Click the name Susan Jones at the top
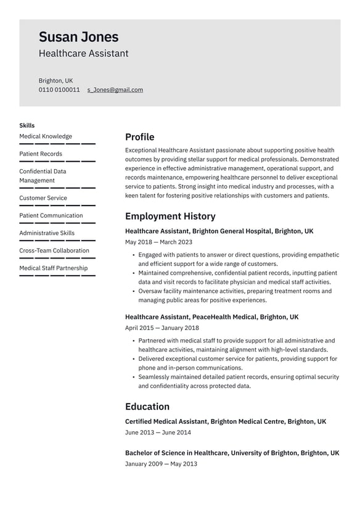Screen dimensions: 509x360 coord(78,37)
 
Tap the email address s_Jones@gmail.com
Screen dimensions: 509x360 coord(115,89)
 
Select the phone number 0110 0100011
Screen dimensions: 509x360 coord(59,89)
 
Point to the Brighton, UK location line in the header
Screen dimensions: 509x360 coord(55,80)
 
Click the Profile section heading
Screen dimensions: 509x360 coord(139,137)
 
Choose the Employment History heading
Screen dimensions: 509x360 coord(170,216)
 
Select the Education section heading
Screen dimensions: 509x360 coord(147,407)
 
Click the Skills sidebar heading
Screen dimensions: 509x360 coord(27,125)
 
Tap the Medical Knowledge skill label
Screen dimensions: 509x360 coord(46,136)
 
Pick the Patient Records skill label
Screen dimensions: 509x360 coord(41,154)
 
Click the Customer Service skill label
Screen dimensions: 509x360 coord(43,198)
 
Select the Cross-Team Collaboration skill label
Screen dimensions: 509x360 coord(54,250)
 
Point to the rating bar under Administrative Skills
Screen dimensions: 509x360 coord(57,241)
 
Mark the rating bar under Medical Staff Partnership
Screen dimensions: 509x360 coord(57,276)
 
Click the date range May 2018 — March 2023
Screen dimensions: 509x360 coord(158,242)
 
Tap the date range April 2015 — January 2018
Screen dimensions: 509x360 coord(162,328)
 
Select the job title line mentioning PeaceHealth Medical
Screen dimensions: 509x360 coord(211,317)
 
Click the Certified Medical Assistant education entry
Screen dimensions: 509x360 coord(226,421)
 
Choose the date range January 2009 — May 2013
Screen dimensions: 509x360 coord(161,463)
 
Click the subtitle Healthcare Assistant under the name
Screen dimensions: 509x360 coord(84,54)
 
